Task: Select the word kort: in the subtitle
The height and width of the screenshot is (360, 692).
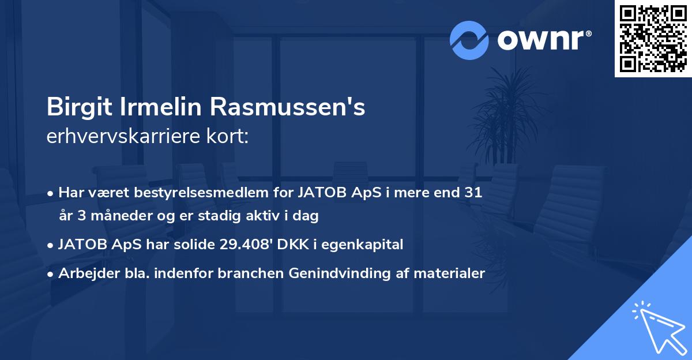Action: pyautogui.click(x=229, y=137)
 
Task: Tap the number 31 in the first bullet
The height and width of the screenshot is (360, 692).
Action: pyautogui.click(x=473, y=193)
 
